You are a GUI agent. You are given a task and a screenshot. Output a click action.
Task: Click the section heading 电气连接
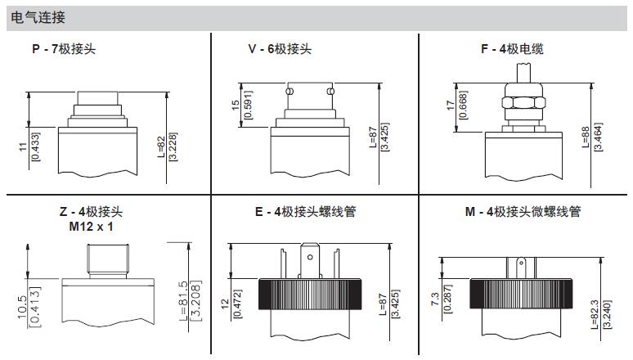pyautogui.click(x=38, y=17)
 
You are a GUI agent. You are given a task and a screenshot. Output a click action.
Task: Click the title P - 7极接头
pyautogui.click(x=64, y=49)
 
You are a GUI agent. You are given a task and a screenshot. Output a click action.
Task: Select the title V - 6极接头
pyautogui.click(x=280, y=49)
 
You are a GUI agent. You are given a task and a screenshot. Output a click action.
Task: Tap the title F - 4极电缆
pyautogui.click(x=512, y=49)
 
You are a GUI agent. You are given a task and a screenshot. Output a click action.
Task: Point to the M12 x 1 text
pyautogui.click(x=92, y=227)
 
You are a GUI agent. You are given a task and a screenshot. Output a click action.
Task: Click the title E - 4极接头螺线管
pyautogui.click(x=305, y=211)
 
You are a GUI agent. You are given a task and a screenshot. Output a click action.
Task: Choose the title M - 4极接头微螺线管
pyautogui.click(x=523, y=211)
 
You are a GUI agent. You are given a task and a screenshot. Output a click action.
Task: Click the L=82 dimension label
pyautogui.click(x=161, y=146)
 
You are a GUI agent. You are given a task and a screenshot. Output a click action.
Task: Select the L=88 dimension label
pyautogui.click(x=586, y=137)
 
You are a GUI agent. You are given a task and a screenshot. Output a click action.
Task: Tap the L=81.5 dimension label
pyautogui.click(x=183, y=300)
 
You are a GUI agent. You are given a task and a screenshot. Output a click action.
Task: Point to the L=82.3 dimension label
pyautogui.click(x=595, y=314)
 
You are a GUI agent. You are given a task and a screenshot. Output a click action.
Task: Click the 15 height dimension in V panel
pyautogui.click(x=236, y=105)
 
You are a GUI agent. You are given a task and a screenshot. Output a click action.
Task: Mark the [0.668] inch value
pyautogui.click(x=463, y=105)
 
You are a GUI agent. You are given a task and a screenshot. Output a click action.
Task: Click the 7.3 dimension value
pyautogui.click(x=435, y=299)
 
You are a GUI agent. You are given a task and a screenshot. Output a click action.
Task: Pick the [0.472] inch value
pyautogui.click(x=238, y=304)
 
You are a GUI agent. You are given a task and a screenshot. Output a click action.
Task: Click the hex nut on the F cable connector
pyautogui.click(x=523, y=102)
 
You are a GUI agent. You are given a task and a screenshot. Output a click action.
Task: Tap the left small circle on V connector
pyautogui.click(x=289, y=92)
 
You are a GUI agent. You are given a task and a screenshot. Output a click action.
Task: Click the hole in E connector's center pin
pyautogui.click(x=310, y=257)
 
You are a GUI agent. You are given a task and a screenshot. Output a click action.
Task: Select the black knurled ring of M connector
pyautogui.click(x=521, y=294)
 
